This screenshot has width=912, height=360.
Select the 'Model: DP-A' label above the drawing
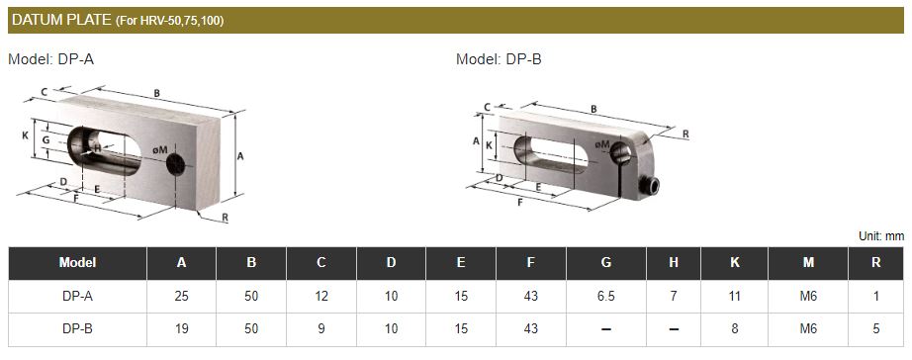click(50, 59)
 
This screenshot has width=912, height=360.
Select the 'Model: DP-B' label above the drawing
click(499, 59)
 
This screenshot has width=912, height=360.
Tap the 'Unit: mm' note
click(880, 235)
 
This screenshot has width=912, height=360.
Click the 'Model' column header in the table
click(77, 263)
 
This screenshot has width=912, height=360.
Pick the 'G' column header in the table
click(605, 263)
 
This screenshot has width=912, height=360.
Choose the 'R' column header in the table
click(875, 263)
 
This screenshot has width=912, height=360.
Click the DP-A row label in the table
click(77, 296)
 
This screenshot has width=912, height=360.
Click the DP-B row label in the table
click(77, 328)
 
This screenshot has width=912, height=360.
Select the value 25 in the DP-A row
click(182, 296)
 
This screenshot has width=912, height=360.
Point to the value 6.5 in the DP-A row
click(605, 296)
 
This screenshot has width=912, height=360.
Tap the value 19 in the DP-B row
click(182, 328)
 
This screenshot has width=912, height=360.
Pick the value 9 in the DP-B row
click(321, 328)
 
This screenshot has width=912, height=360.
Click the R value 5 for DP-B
click(875, 328)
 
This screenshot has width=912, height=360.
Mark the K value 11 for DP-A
click(733, 296)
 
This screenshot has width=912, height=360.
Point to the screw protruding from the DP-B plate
click(651, 185)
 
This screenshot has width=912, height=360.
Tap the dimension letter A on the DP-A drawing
click(240, 155)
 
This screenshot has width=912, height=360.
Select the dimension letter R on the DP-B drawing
click(685, 134)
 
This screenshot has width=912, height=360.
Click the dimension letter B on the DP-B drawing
click(593, 109)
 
